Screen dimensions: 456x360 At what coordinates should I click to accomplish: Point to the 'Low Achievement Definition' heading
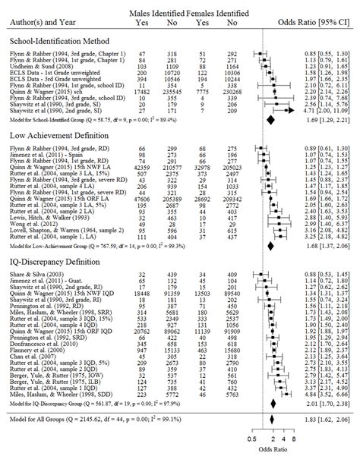tap(49, 137)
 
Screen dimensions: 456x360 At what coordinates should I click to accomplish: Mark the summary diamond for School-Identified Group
tap(270, 119)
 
